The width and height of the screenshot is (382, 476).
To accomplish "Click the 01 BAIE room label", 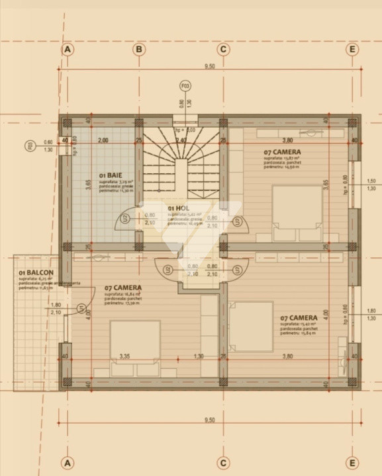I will pos(110,175).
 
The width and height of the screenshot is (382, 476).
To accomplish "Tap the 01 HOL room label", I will pos(178,208).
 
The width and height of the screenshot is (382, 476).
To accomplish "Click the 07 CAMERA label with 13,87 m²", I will pos(286,151).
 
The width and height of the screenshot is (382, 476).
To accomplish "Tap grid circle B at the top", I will pos(139,49).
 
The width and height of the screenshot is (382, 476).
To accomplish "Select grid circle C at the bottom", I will pos(223,462).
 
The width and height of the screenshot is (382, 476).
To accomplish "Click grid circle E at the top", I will pos(353,49).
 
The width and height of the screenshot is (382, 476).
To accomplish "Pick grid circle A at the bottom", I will pos(66,462).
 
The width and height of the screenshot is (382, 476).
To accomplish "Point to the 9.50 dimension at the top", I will pos(209,66).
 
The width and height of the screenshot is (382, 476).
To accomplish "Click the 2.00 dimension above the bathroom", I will pos(103,140).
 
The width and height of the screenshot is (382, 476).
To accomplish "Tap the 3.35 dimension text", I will pos(124,356).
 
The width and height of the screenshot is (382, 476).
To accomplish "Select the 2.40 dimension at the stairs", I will pos(181,140).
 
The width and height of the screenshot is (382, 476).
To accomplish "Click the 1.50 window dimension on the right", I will pos(371,181).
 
